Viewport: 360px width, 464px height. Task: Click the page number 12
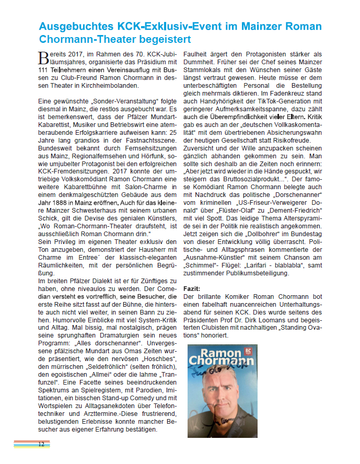tap(41, 444)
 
